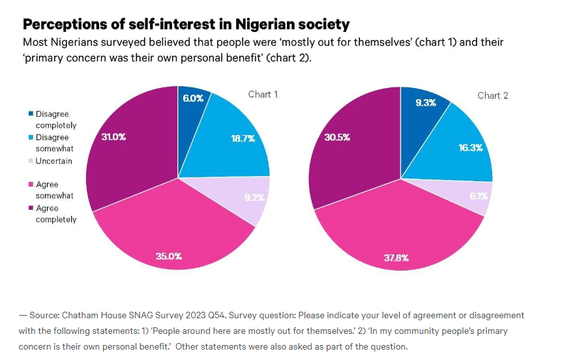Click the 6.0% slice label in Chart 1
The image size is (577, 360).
(193, 98)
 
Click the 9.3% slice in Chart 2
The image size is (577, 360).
(425, 102)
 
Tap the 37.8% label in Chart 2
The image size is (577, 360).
(396, 258)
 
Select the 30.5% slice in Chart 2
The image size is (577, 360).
(337, 138)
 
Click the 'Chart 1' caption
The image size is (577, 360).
(263, 95)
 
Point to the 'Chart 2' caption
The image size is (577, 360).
(492, 96)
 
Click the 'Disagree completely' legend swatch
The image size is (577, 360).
(30, 114)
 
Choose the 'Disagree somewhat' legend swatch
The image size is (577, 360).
(30, 138)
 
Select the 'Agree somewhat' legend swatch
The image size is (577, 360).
(30, 185)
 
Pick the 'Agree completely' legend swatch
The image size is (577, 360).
(30, 209)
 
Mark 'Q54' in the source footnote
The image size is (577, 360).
(213, 316)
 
